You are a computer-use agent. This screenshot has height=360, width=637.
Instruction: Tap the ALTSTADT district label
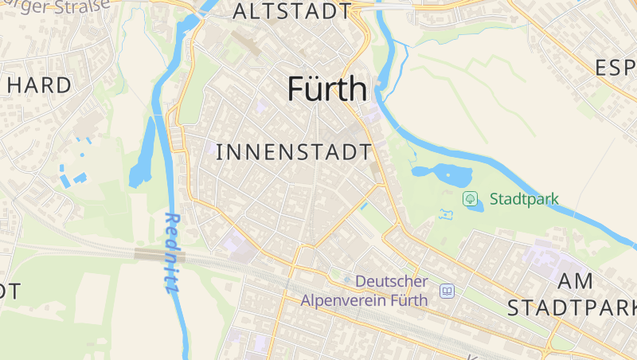click(x=291, y=11)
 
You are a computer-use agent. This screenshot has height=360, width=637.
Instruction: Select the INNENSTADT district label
click(x=294, y=151)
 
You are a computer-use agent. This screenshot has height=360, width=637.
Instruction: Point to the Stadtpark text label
click(x=524, y=199)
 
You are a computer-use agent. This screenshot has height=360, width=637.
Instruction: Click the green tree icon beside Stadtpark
click(x=470, y=198)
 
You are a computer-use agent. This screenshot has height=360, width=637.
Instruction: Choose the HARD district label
click(x=37, y=84)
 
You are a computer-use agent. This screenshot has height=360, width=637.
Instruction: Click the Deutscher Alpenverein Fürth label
click(x=365, y=291)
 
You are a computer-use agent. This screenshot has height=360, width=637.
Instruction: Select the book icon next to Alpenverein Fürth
click(x=447, y=292)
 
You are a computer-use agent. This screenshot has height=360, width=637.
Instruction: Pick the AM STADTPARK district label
click(x=572, y=294)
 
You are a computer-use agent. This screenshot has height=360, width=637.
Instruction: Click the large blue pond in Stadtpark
click(x=440, y=172)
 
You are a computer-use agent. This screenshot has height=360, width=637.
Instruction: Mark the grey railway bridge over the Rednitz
click(x=159, y=255)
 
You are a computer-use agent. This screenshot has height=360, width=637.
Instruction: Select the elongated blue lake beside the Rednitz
click(x=143, y=155)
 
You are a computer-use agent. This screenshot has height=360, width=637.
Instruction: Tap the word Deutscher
click(x=392, y=281)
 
